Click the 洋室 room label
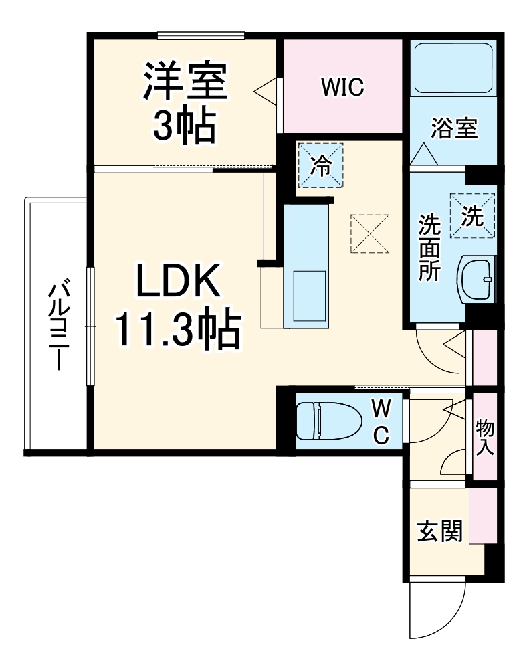(185, 81)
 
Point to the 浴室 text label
(455, 128)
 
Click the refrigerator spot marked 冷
(321, 165)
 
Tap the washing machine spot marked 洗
(472, 215)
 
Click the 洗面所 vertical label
(428, 247)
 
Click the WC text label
(380, 421)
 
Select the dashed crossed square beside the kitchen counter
(370, 233)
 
